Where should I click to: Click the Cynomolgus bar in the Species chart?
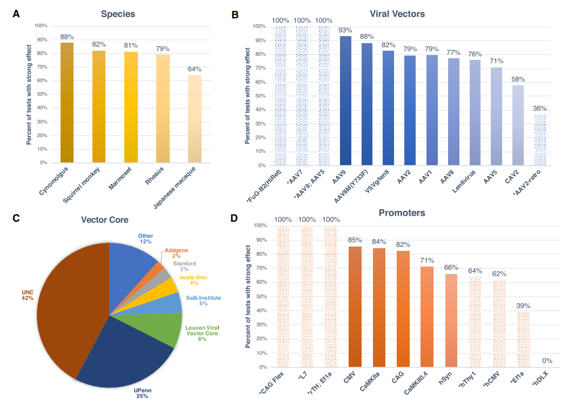click(67, 103)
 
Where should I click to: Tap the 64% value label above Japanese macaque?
click(195, 69)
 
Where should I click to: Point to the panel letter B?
click(235, 15)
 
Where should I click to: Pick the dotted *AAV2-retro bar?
click(540, 140)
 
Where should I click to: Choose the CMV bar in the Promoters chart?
click(355, 307)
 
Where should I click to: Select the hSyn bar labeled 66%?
click(451, 320)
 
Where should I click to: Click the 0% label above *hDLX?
click(547, 360)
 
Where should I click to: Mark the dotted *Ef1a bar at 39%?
click(523, 339)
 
